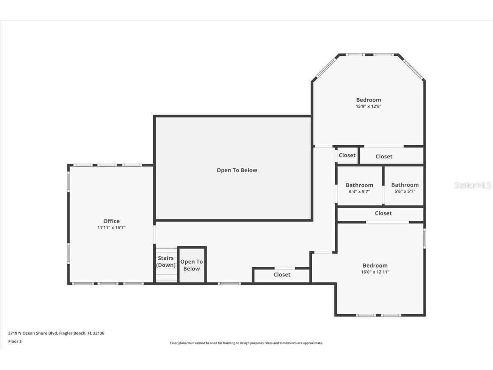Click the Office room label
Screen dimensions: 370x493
click(x=111, y=221)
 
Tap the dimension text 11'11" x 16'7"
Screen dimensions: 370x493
click(x=111, y=227)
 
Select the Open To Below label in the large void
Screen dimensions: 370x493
click(x=237, y=170)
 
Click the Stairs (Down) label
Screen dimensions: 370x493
click(x=166, y=261)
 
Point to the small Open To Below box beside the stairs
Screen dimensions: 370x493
click(x=191, y=265)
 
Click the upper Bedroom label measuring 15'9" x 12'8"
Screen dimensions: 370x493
click(x=368, y=100)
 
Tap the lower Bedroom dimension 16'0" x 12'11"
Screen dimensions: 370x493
click(x=375, y=272)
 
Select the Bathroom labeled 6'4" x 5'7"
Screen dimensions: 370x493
click(x=359, y=185)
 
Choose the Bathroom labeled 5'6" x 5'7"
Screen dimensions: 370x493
click(x=405, y=185)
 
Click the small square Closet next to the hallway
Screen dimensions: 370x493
click(x=347, y=155)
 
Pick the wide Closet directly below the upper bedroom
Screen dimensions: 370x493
click(x=384, y=156)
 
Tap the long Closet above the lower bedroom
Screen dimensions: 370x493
click(x=383, y=213)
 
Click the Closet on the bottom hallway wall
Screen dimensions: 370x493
click(x=282, y=275)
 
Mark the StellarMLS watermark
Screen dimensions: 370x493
click(x=472, y=185)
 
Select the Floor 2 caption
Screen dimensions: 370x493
click(x=15, y=341)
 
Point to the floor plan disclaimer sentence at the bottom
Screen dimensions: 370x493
click(x=246, y=343)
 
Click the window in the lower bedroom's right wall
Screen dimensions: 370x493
click(x=424, y=239)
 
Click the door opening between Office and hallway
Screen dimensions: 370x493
click(x=155, y=234)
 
